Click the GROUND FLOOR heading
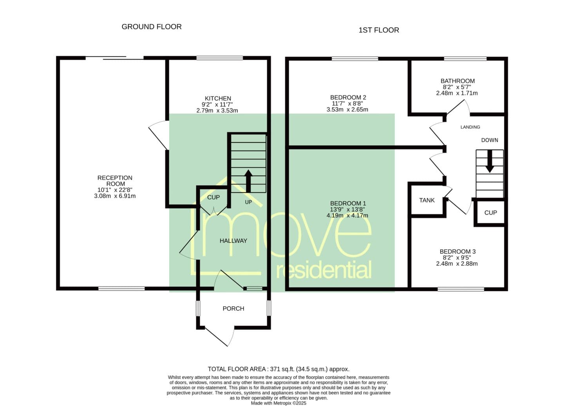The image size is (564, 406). click(152, 27)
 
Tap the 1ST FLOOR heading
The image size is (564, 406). click(379, 30)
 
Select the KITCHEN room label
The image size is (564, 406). click(218, 98)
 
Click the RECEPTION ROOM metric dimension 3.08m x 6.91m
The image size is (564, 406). click(115, 196)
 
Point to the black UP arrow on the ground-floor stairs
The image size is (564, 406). click(248, 181)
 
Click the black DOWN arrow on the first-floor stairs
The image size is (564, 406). click(490, 161)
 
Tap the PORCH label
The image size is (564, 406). click(233, 309)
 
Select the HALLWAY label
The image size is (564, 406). click(233, 241)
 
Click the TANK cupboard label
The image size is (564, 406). click(427, 200)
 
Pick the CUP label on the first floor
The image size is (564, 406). click(490, 213)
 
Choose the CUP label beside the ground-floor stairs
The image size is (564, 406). click(213, 197)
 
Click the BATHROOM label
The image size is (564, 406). click(457, 81)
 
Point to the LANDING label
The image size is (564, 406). click(470, 127)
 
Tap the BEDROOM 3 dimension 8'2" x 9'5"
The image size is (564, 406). click(457, 258)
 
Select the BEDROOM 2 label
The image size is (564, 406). click(348, 97)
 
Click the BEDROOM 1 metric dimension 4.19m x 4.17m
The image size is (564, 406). click(347, 215)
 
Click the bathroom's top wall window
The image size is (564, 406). click(465, 59)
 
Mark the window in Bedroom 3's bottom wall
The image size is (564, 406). click(461, 289)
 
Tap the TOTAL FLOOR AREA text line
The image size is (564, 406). click(278, 369)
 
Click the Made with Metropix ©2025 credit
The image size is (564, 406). click(278, 403)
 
